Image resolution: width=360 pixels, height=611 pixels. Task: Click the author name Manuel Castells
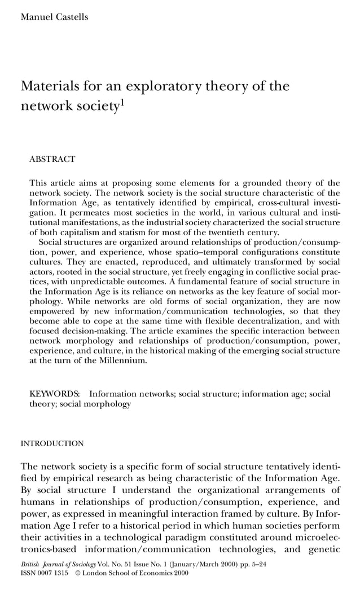[x=54, y=16]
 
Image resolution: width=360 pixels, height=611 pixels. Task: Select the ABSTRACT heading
[x=52, y=160]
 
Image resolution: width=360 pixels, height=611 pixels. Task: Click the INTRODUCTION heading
[x=52, y=443]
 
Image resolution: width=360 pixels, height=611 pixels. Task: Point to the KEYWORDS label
[x=54, y=394]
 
